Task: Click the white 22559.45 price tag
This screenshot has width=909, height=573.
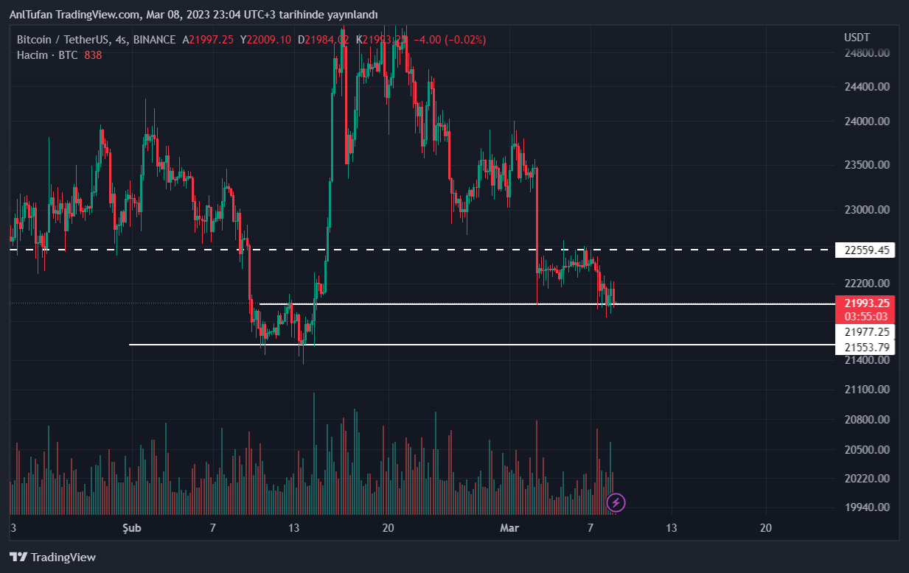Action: click(x=865, y=250)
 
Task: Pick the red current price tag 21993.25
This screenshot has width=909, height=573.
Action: click(x=866, y=303)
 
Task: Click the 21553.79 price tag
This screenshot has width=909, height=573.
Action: click(x=866, y=347)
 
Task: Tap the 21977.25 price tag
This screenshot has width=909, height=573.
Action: click(x=866, y=332)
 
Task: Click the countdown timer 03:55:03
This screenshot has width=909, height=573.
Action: click(x=866, y=316)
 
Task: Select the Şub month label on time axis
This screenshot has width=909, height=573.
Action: click(x=131, y=528)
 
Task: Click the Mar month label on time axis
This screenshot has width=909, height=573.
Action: click(x=509, y=528)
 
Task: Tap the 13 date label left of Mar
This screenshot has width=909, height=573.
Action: click(x=293, y=528)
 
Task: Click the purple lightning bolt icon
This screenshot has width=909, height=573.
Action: click(x=616, y=503)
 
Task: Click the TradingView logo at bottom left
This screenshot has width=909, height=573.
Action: click(x=52, y=558)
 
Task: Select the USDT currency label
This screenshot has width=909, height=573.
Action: click(x=857, y=37)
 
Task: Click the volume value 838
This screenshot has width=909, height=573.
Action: click(x=93, y=55)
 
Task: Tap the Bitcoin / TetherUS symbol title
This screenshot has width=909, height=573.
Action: click(x=62, y=40)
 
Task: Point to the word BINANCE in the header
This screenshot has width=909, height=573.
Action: click(x=155, y=40)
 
